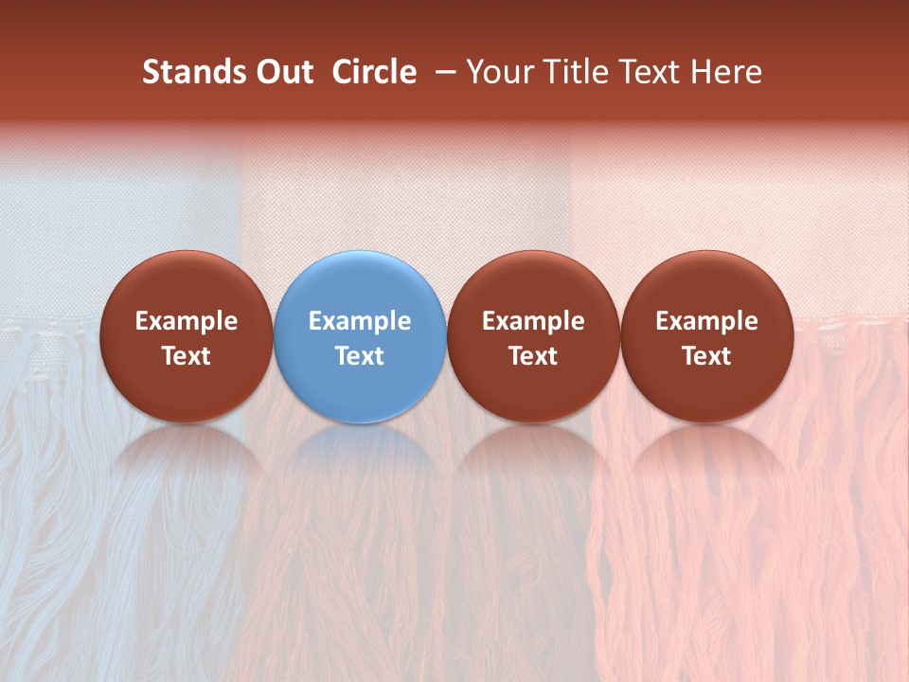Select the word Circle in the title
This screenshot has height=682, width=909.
(x=374, y=72)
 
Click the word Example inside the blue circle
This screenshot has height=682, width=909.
(x=360, y=321)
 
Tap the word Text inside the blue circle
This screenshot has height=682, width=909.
(x=360, y=356)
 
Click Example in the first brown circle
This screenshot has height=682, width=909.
(x=187, y=321)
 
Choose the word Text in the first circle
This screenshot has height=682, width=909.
(x=187, y=356)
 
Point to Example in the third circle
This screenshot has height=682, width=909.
(x=533, y=321)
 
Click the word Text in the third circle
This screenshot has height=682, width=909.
(x=533, y=356)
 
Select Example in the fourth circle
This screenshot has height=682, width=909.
(x=706, y=321)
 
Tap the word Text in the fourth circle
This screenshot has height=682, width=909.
(x=706, y=356)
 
